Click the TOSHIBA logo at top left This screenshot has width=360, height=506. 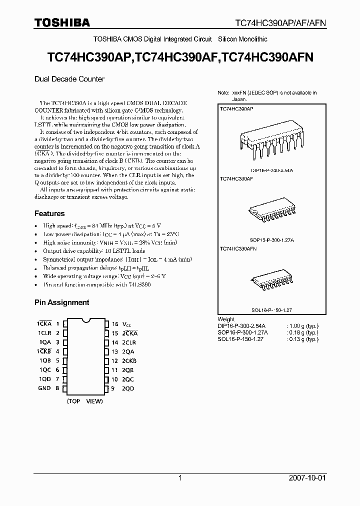pos(62,22)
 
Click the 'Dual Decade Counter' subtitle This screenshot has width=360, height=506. pos(69,78)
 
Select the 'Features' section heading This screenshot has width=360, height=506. pos(49,213)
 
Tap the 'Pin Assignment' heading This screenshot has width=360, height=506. pos(61,302)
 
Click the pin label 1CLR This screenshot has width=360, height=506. pos(45,333)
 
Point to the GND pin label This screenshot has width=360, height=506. pos(44,388)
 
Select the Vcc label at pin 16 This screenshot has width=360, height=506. pos(129,324)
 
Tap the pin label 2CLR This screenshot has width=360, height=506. pos(129,342)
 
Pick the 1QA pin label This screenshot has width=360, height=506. pos(45,342)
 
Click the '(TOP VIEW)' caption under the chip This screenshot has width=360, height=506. pos(85,401)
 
